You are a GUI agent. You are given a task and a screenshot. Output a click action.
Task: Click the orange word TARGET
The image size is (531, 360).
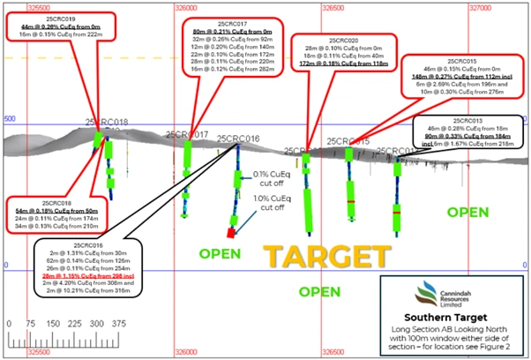click(x=327, y=256)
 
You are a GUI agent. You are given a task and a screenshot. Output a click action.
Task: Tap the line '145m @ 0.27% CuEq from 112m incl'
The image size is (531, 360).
click(x=467, y=77)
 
